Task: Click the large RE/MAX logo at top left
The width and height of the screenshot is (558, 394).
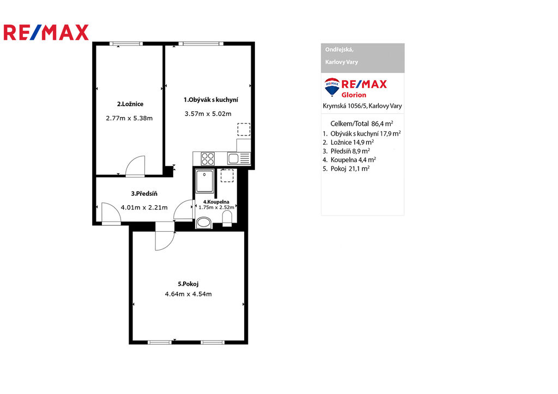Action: (x=46, y=32)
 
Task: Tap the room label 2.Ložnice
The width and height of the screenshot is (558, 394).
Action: (x=130, y=104)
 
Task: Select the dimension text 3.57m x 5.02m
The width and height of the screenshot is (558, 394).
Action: (x=208, y=114)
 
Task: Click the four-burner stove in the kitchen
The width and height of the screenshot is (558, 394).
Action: (x=208, y=158)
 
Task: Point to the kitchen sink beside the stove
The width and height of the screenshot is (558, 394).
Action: (x=239, y=158)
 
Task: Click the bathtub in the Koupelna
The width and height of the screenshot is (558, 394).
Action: (x=205, y=181)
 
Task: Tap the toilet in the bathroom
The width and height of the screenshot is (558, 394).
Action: (x=227, y=218)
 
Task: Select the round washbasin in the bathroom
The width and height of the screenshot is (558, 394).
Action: (x=204, y=223)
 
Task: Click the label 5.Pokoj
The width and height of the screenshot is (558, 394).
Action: (x=188, y=284)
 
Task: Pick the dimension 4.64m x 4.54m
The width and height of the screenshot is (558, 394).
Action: (x=188, y=294)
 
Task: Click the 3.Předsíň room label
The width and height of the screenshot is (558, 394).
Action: (x=144, y=194)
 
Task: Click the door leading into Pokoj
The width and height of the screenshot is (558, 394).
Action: (x=165, y=241)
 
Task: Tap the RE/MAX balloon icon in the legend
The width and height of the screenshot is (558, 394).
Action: (x=332, y=87)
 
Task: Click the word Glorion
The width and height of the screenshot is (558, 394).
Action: (x=354, y=95)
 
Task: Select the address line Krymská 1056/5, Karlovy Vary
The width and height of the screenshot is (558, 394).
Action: (x=362, y=106)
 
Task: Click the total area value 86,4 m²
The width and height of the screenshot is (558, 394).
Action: (x=382, y=124)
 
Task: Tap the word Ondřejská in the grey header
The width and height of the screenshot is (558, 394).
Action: (x=339, y=50)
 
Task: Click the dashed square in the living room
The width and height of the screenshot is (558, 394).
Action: (x=244, y=130)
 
